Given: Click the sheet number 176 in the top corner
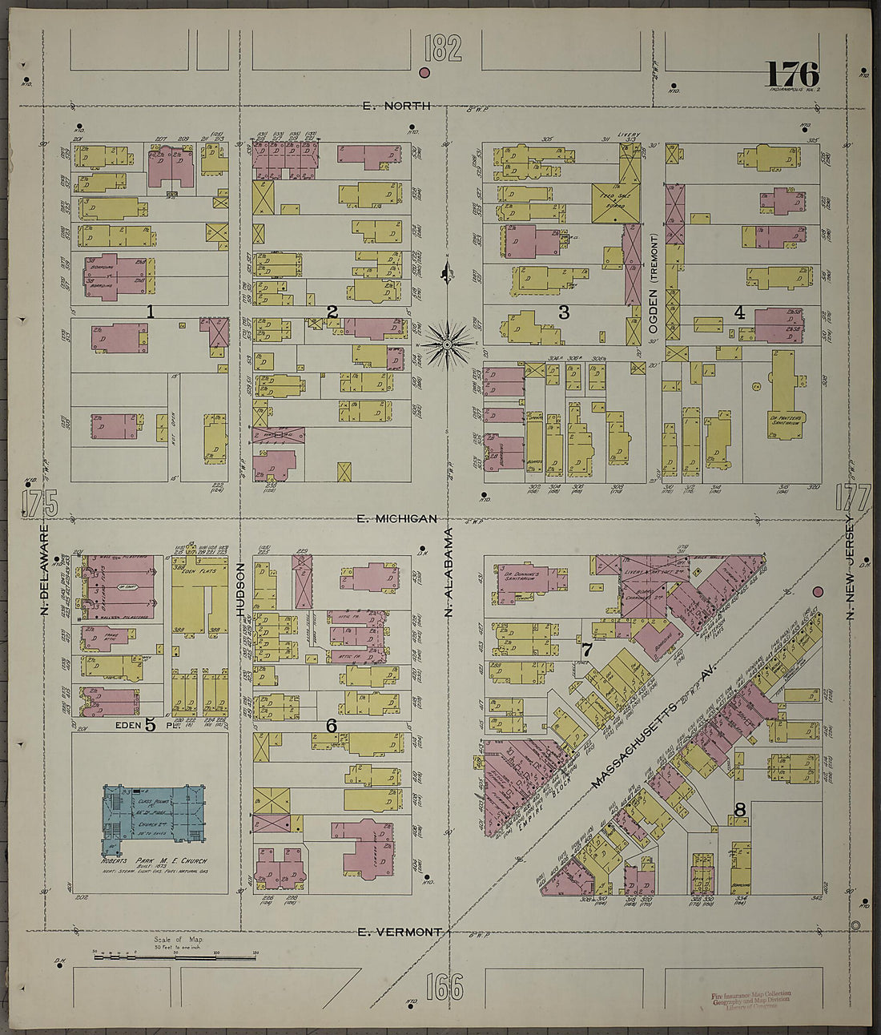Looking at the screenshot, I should [791, 75].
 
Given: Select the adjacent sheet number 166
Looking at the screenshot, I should [444, 986].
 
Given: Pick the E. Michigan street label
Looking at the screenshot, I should [397, 519].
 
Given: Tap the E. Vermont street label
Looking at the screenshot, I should [399, 932].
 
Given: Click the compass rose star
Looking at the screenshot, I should [448, 344].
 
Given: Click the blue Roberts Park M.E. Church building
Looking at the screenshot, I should [154, 817].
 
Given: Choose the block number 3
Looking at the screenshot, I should [564, 312].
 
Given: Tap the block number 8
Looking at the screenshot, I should [740, 810].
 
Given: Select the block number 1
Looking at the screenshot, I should [150, 312].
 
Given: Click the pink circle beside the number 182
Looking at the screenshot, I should [424, 73].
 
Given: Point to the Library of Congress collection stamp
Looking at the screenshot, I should [750, 999].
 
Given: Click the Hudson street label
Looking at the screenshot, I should [240, 589].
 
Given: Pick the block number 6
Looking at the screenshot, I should [331, 726].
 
